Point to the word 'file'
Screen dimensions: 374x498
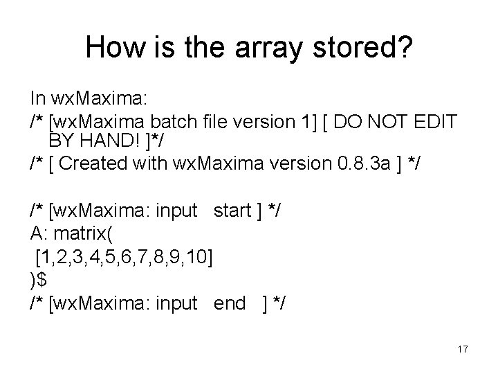(x=220, y=122)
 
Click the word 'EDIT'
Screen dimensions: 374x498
(x=436, y=122)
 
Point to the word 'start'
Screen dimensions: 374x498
(x=235, y=211)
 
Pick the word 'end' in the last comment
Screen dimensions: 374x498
(x=230, y=302)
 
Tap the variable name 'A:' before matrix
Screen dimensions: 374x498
(x=39, y=233)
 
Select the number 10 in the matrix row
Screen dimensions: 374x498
(x=201, y=256)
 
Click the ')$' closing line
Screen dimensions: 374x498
(x=39, y=279)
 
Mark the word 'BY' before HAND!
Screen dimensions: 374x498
(x=62, y=142)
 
